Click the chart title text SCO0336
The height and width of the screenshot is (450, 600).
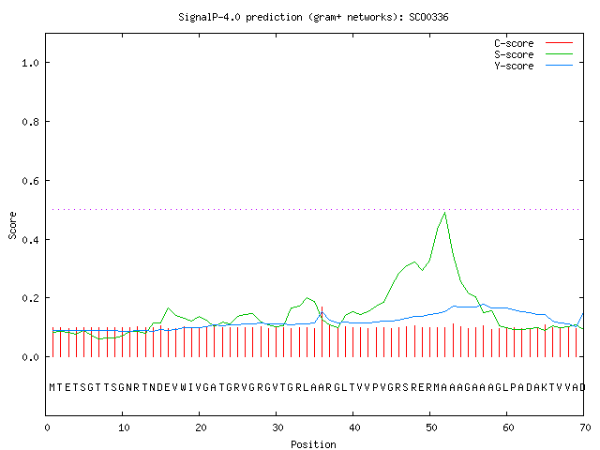[x=428, y=17]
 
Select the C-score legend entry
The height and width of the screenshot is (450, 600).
[x=533, y=43]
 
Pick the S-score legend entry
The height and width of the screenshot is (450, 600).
[x=533, y=54]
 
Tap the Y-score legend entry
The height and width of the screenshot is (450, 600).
[x=533, y=66]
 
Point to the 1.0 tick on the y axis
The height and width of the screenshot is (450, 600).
[x=30, y=63]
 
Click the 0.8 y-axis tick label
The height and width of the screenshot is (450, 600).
[x=30, y=122]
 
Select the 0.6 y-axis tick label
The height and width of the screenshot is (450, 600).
[x=30, y=181]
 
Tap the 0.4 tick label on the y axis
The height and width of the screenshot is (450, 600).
[x=30, y=240]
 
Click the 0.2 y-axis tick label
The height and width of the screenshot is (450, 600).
[x=30, y=298]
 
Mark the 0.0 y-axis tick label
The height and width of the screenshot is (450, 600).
[x=30, y=357]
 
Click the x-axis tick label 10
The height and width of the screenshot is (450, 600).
[x=124, y=427]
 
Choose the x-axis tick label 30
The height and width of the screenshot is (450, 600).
[x=277, y=427]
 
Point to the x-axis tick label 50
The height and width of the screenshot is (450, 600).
[x=431, y=427]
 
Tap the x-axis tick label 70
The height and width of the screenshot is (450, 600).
[x=585, y=427]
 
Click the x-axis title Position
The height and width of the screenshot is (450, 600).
[x=313, y=444]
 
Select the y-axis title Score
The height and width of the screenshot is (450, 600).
[x=12, y=225]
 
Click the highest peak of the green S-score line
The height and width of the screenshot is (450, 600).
[x=445, y=213]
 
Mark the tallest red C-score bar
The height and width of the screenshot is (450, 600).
[x=322, y=332]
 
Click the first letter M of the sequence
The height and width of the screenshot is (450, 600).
[x=52, y=387]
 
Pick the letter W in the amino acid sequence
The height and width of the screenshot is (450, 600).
[x=184, y=387]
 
